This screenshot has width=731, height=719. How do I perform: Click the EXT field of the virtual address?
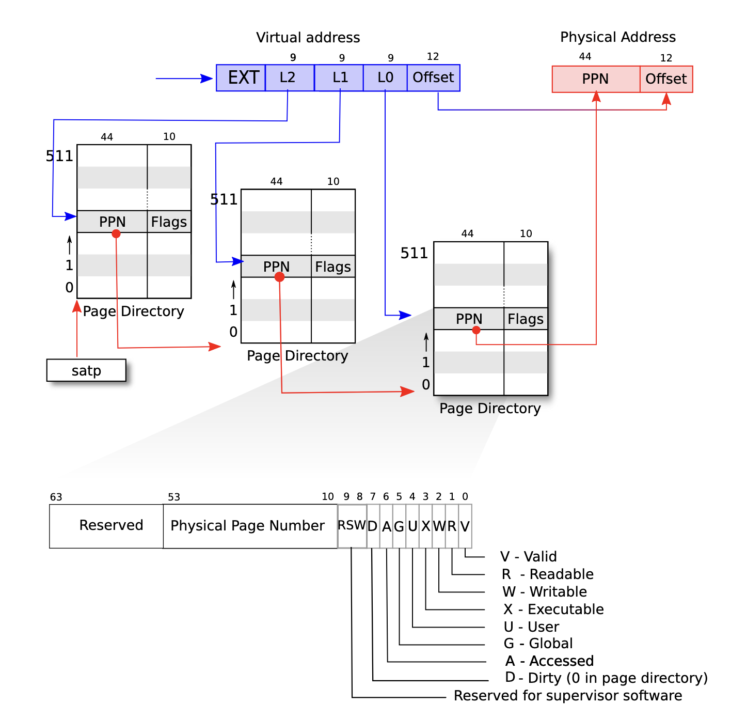coord(241,78)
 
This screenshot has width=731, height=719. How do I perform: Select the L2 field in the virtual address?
coord(290,78)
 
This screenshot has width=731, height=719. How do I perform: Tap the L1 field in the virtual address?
coord(339,78)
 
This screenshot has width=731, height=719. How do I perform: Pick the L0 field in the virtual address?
coord(385,78)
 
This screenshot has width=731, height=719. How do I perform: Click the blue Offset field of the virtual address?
coord(434,78)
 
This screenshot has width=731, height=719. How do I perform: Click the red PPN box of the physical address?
coord(596,79)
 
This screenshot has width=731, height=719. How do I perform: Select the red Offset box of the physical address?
coord(666,79)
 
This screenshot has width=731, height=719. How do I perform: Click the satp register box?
coord(87,370)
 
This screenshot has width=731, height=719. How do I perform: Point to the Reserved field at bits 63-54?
coord(106,526)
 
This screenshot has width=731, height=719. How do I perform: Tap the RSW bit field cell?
coord(352,526)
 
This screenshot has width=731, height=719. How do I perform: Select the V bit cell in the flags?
coord(465,526)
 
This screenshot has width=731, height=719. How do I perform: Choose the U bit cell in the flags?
coord(412,526)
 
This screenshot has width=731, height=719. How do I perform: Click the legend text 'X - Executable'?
coord(553,609)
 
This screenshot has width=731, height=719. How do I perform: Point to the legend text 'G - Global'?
coord(538,644)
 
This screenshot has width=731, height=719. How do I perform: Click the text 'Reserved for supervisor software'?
coord(568,695)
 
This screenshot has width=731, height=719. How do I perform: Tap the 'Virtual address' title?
coord(308,38)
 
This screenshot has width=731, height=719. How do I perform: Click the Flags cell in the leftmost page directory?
coord(169,222)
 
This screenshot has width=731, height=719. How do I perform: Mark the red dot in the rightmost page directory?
coord(476,330)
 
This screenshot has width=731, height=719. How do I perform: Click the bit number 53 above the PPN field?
coord(174,497)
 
